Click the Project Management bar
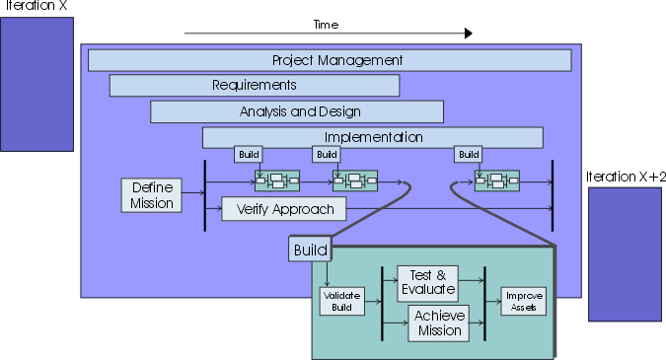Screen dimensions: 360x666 [330, 60]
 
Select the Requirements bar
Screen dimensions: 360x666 [254, 86]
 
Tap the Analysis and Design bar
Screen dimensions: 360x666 [300, 111]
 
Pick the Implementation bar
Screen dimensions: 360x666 [373, 137]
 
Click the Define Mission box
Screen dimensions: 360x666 [152, 195]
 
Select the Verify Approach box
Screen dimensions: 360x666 [284, 209]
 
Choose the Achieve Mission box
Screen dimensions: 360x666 [438, 323]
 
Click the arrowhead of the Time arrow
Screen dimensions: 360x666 [468, 34]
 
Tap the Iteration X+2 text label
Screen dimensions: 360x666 [626, 177]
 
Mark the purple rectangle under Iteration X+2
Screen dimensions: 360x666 [625, 253]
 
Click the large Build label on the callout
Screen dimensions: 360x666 [309, 250]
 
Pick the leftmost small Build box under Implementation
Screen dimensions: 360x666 [248, 154]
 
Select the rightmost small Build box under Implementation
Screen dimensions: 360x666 [469, 154]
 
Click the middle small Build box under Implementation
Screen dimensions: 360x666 [326, 154]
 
